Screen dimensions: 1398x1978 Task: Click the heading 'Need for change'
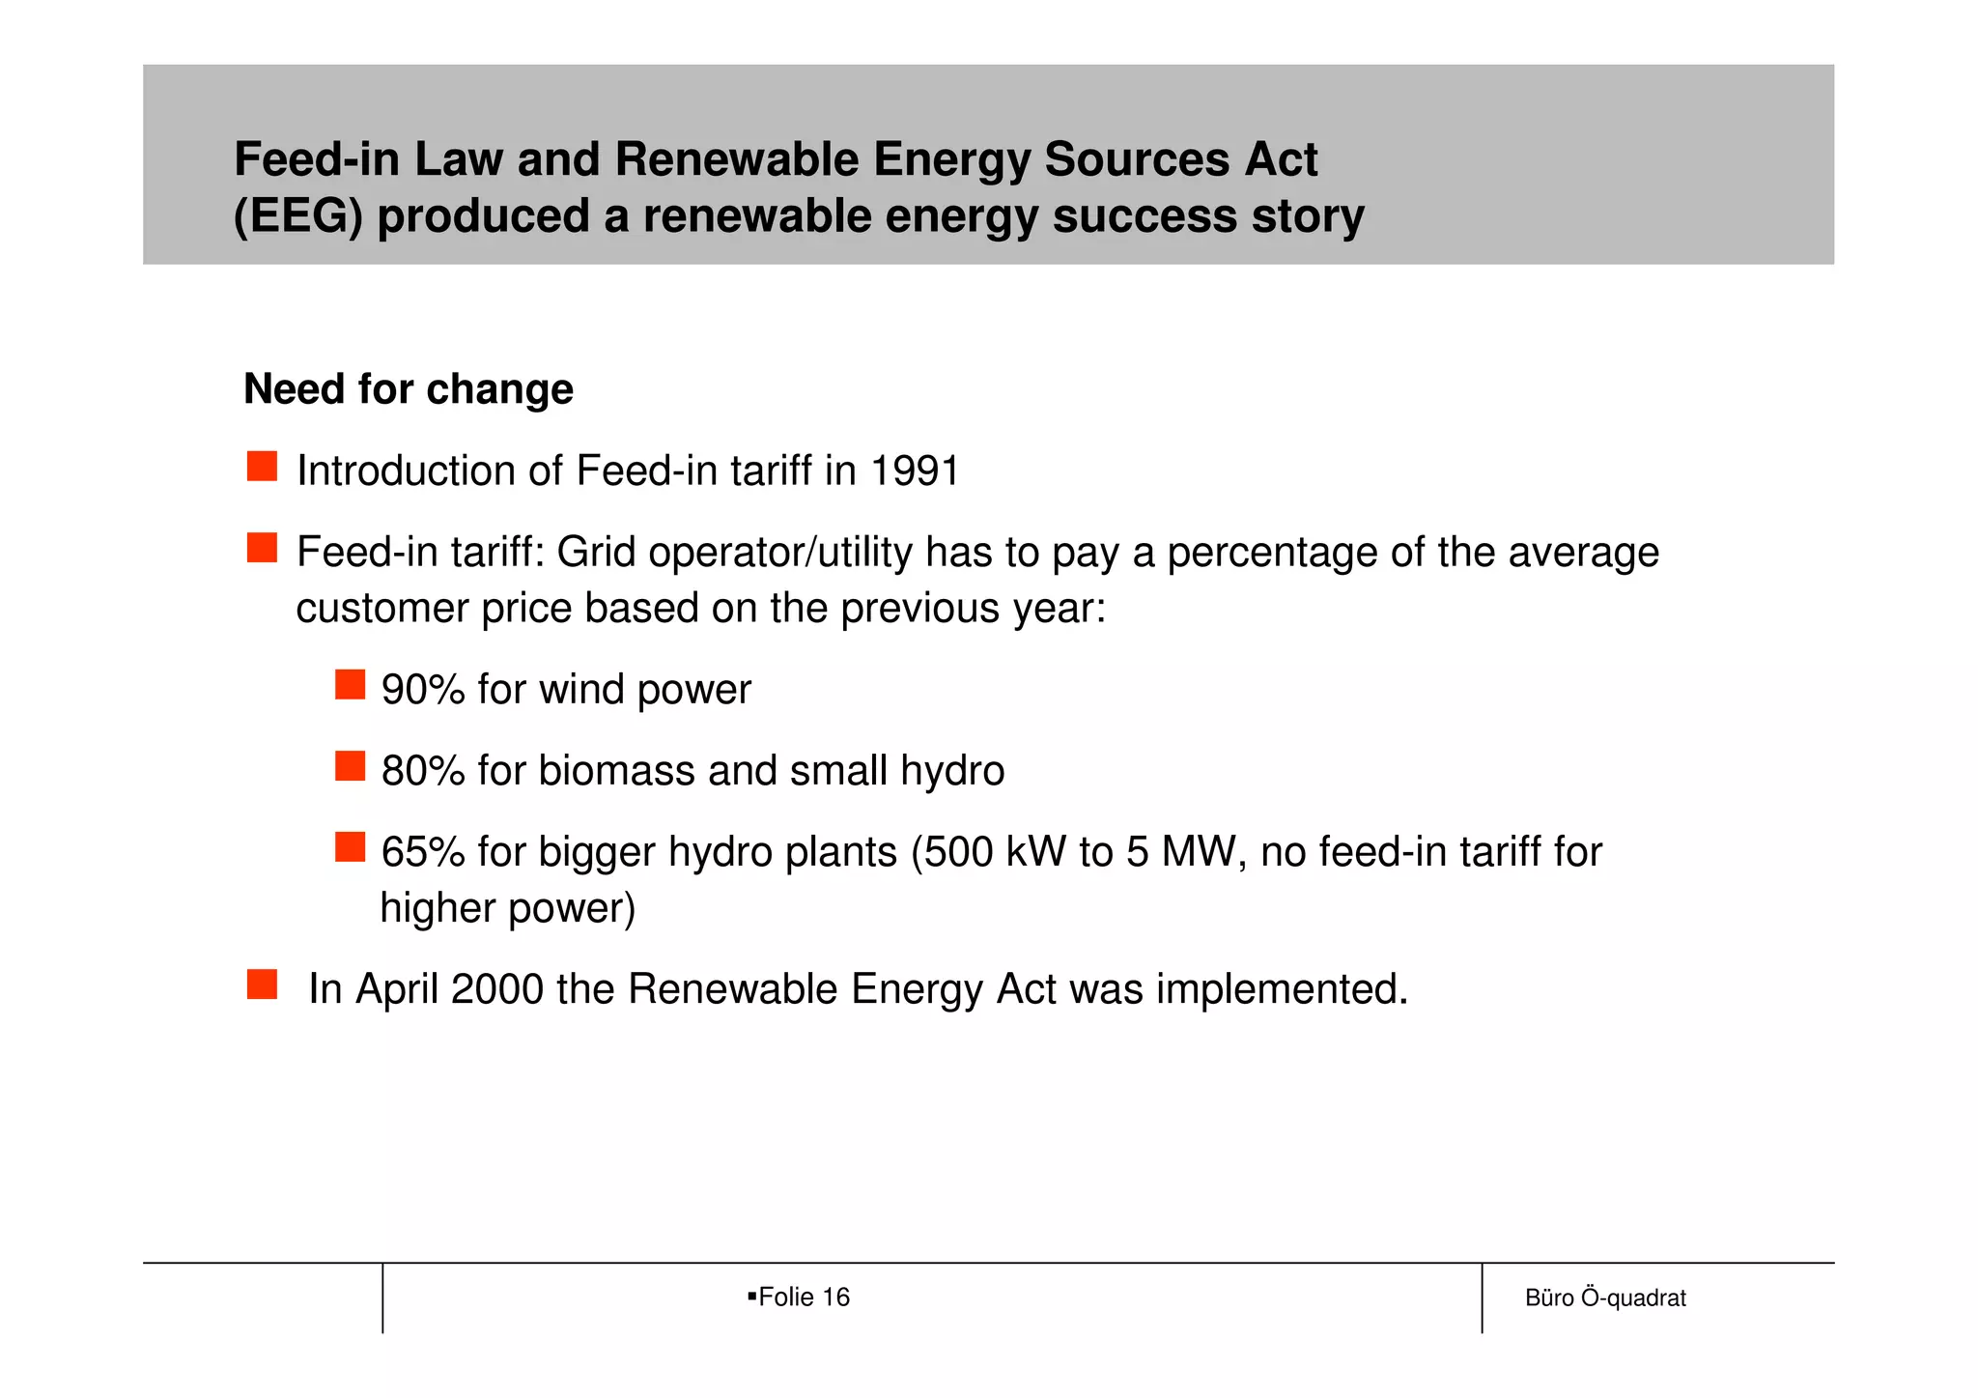coord(408,389)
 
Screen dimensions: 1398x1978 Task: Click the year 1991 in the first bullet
coord(914,471)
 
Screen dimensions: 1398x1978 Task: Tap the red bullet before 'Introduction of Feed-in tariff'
coord(262,467)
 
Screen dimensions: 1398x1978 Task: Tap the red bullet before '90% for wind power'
coord(350,685)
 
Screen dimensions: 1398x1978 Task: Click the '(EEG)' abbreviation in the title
coord(298,216)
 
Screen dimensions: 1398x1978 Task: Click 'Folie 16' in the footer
coord(803,1298)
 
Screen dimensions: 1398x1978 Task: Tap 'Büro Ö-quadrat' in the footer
coord(1604,1298)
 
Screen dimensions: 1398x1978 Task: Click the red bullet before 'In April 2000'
coord(262,984)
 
